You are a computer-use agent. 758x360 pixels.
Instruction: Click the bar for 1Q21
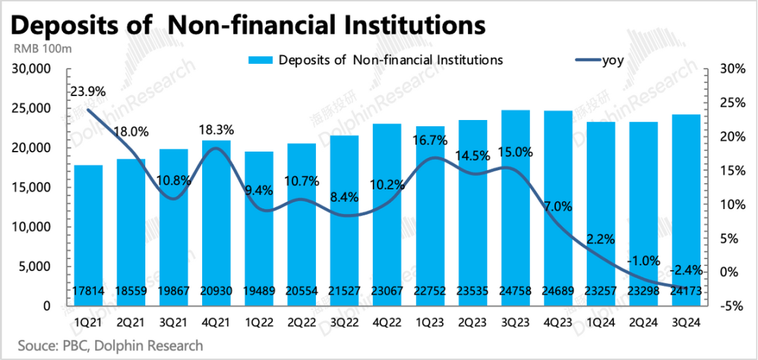[x=88, y=235]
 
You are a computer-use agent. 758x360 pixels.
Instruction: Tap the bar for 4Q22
[x=387, y=214]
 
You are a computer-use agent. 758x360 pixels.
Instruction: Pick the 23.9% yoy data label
[x=88, y=91]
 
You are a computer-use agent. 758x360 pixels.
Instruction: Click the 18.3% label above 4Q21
[x=217, y=130]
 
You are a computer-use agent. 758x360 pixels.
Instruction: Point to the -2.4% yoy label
[x=686, y=270]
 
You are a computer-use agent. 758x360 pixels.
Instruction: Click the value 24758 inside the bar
[x=516, y=291]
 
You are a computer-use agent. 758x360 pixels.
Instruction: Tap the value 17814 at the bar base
[x=88, y=291]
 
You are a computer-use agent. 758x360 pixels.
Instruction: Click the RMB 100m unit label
[x=44, y=49]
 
